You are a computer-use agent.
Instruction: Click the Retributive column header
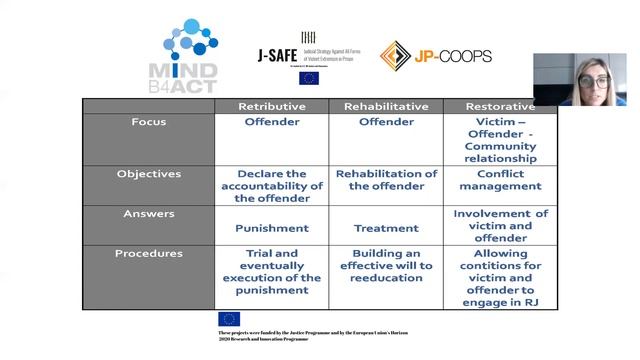tap(271, 106)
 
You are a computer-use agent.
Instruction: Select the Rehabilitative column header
tap(386, 106)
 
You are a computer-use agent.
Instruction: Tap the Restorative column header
tap(500, 106)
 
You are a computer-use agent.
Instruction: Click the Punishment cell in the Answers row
tap(271, 228)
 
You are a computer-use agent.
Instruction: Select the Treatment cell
tap(386, 228)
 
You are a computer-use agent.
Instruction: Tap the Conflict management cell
tap(500, 180)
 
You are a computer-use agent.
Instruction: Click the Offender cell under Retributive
tap(271, 122)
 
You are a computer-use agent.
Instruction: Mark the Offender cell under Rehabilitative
tap(386, 122)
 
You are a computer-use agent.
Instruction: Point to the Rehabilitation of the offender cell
tap(386, 180)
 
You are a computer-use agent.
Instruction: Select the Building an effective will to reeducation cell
tap(386, 265)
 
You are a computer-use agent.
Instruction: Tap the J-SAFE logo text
tap(277, 55)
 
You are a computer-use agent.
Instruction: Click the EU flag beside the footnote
tap(229, 319)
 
